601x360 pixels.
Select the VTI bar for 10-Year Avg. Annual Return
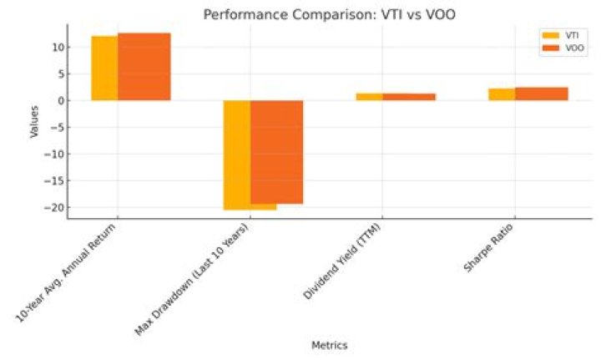point(104,68)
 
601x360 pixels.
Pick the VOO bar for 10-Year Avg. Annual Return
point(144,67)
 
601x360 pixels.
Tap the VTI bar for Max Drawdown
point(236,155)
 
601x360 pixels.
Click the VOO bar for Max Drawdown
point(276,152)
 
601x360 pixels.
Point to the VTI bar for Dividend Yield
point(369,97)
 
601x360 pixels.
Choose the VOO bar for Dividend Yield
point(409,97)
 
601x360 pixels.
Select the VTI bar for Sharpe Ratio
point(501,94)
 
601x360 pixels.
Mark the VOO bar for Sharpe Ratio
point(541,94)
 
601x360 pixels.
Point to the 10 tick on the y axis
point(55,48)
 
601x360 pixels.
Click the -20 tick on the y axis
point(53,207)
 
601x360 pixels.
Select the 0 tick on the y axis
point(58,101)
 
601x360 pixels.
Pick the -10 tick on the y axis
point(53,155)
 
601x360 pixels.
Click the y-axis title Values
point(34,120)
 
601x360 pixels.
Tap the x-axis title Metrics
point(329,345)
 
